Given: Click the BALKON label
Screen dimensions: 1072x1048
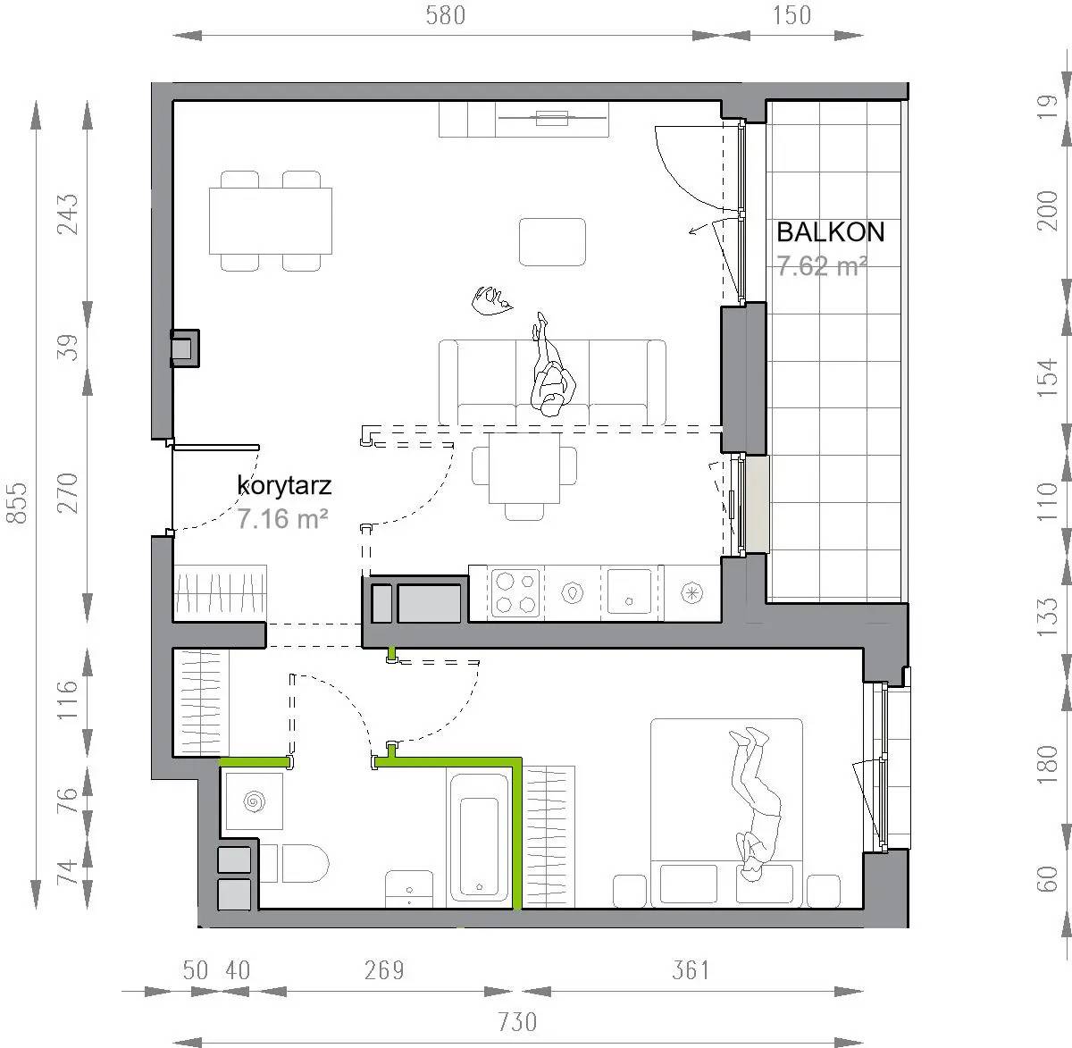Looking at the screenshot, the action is tap(830, 232).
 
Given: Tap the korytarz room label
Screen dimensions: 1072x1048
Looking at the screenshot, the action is tap(284, 486).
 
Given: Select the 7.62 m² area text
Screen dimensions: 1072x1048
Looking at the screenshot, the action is tap(822, 266).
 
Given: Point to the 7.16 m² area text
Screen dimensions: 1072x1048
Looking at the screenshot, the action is tap(282, 518).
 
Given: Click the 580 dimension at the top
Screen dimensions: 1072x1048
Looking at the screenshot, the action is tap(446, 15).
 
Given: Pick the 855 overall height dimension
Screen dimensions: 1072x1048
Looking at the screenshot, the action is tap(17, 502).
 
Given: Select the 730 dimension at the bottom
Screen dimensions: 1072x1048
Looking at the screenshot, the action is tap(517, 1023).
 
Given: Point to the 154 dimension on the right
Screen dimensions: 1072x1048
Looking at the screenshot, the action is tap(1047, 378).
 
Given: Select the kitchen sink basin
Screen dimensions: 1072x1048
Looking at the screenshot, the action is tap(629, 591).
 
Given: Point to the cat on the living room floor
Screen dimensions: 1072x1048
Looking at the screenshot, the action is tap(492, 300).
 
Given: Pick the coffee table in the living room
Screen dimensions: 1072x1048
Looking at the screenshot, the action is tap(552, 242).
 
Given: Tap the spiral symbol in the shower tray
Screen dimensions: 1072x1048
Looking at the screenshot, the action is tap(254, 801).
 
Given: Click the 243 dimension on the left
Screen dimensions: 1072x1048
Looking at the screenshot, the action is tap(69, 214).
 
